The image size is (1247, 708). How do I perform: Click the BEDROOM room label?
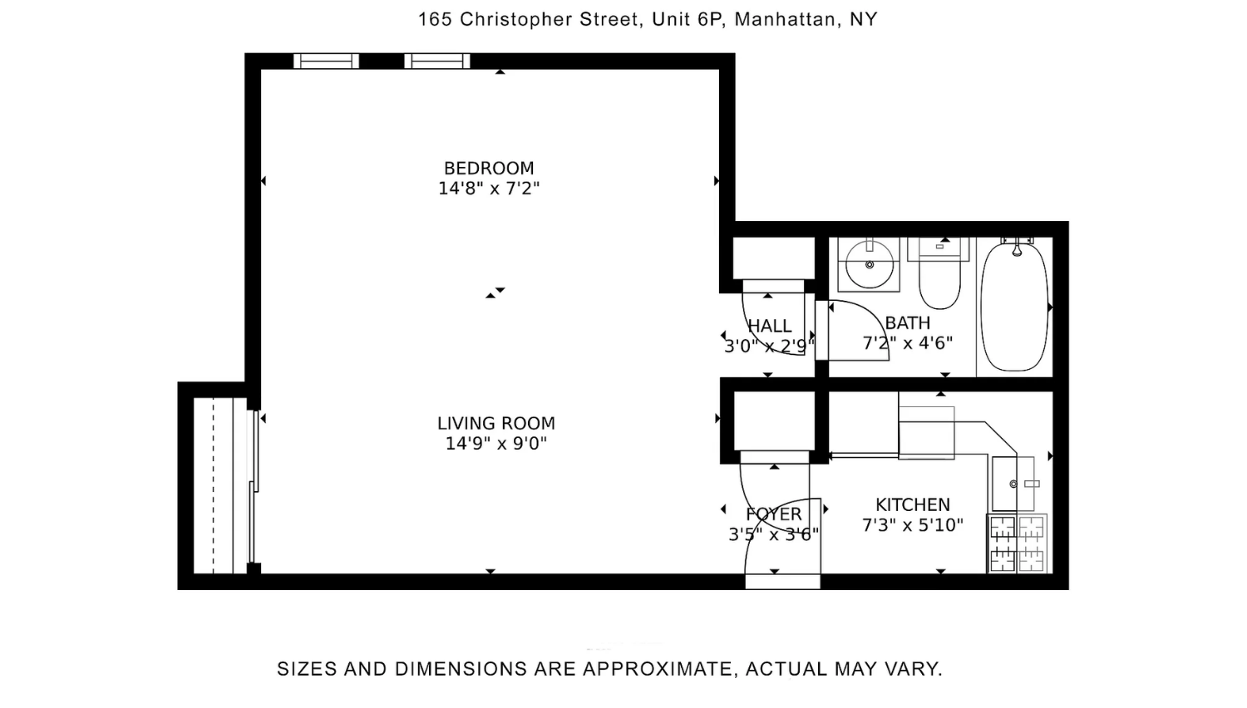tap(489, 168)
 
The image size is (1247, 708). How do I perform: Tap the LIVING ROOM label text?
tap(496, 424)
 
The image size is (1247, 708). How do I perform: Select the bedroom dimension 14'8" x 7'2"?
tap(489, 189)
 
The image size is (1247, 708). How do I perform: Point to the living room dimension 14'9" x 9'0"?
tap(496, 444)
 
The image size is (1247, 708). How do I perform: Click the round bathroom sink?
tap(869, 264)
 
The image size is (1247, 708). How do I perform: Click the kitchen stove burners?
tap(1017, 543)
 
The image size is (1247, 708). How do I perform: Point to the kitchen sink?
tap(1013, 484)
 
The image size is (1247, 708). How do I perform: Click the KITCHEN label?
tap(913, 505)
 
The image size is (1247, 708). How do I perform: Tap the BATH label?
tap(908, 322)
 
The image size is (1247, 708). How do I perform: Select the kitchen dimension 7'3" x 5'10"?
tap(913, 525)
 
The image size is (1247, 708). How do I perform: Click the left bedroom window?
tap(326, 61)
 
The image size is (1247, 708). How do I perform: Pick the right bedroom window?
tap(437, 61)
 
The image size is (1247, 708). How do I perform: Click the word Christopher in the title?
tap(517, 20)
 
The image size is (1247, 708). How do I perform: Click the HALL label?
tap(769, 326)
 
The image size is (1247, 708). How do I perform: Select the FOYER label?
tap(774, 514)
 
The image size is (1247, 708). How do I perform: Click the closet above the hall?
tap(773, 258)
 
